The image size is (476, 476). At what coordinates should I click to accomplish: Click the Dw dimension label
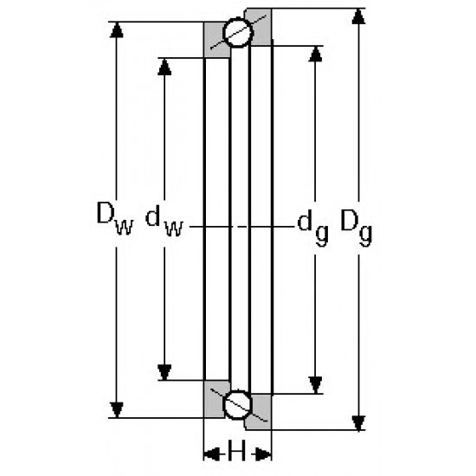[115, 219]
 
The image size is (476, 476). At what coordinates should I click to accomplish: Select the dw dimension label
[164, 221]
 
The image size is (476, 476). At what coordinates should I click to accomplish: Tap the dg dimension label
[313, 228]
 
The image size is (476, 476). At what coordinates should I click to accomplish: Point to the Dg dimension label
[357, 228]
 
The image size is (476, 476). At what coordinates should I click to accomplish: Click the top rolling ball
[238, 33]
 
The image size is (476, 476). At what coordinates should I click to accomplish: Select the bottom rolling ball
[238, 405]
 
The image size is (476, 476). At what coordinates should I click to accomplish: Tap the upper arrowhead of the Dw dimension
[116, 29]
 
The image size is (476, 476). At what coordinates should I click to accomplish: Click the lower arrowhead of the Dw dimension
[117, 410]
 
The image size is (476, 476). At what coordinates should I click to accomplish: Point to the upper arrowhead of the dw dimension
[164, 67]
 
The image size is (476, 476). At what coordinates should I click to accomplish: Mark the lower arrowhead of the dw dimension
[164, 372]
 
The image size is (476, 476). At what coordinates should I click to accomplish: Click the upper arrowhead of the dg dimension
[315, 54]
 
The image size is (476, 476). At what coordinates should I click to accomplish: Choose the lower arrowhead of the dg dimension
[315, 385]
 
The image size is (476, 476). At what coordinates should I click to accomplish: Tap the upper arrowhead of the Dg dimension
[358, 16]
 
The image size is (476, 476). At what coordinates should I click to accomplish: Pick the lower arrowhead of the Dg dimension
[358, 423]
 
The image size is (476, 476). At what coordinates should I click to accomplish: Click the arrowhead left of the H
[211, 454]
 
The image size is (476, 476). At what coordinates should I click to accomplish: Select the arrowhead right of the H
[263, 454]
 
